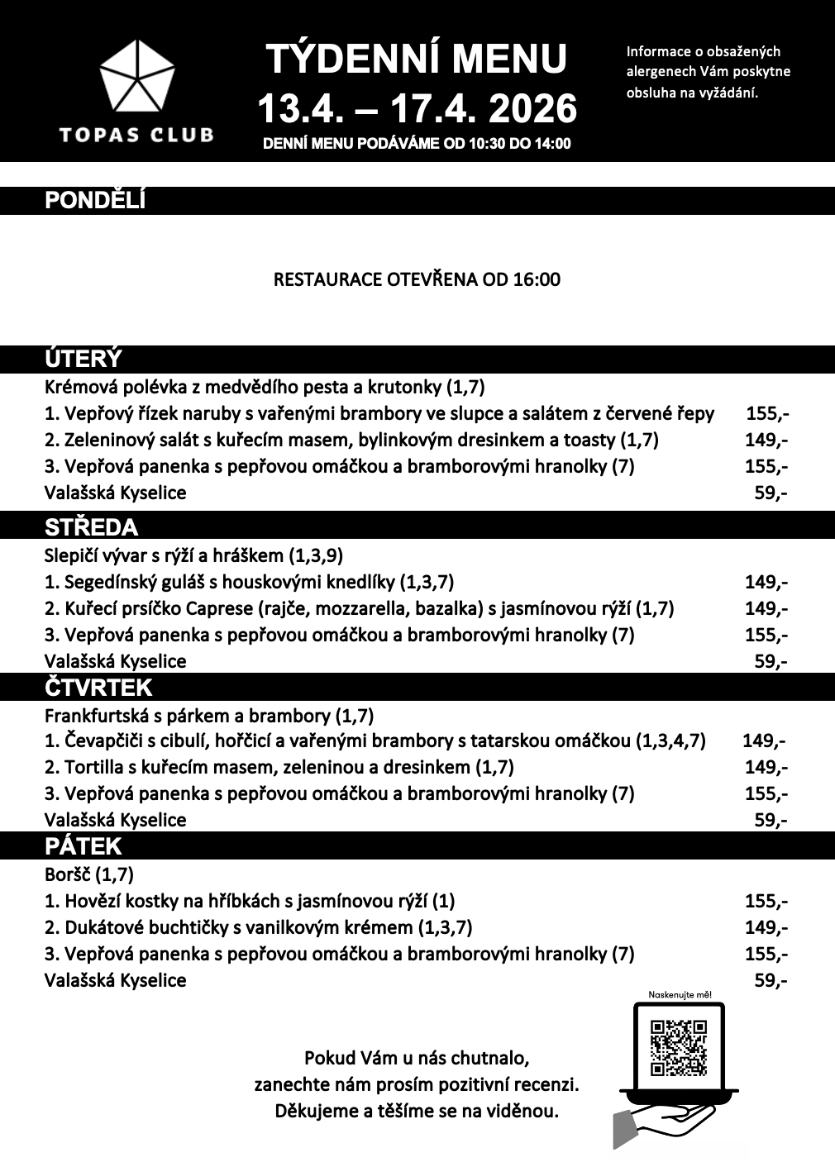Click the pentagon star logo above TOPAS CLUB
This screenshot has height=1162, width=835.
[136, 79]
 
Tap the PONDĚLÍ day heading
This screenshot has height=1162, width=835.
[95, 201]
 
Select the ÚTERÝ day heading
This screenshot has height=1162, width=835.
[83, 359]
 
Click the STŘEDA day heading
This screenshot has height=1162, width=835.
[91, 527]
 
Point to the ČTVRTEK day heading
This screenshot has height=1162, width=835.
[98, 688]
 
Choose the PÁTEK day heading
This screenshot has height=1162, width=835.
[83, 846]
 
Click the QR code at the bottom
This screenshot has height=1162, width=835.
[679, 1047]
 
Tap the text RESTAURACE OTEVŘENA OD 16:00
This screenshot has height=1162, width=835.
[417, 279]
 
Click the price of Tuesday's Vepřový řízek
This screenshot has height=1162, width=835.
[766, 413]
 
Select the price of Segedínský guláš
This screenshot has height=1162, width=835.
[766, 582]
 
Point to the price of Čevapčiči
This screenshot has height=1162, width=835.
[764, 741]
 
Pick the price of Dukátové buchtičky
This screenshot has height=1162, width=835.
[766, 927]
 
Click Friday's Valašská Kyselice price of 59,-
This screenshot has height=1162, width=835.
[771, 980]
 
